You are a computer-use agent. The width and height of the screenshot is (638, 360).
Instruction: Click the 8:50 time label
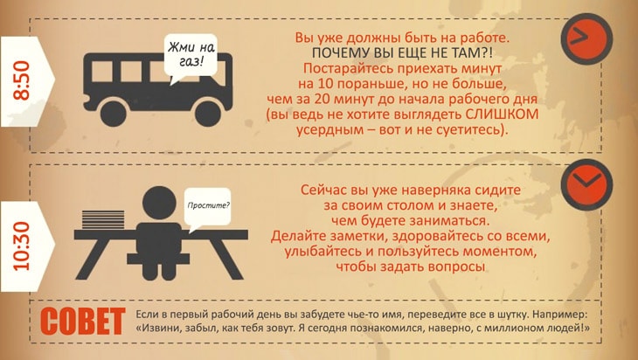pos(22,80)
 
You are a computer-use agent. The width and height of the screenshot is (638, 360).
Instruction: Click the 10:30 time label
pos(22,246)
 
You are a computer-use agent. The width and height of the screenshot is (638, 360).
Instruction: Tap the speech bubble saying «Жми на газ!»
pos(191,57)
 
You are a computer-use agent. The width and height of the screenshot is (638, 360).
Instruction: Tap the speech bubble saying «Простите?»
pos(207,208)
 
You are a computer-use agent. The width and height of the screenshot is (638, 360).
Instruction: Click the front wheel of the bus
pos(208,114)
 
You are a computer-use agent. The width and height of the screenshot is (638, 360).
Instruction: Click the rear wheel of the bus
pos(113,114)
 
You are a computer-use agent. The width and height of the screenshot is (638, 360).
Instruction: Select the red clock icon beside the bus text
pos(586,38)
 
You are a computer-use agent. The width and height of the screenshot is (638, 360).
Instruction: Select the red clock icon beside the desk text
pos(586,184)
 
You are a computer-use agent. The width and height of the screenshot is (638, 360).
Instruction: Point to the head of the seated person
pos(159,203)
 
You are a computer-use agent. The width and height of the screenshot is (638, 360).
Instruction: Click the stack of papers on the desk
pos(103,219)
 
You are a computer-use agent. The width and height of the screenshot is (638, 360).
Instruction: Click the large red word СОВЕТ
pos(83,321)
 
